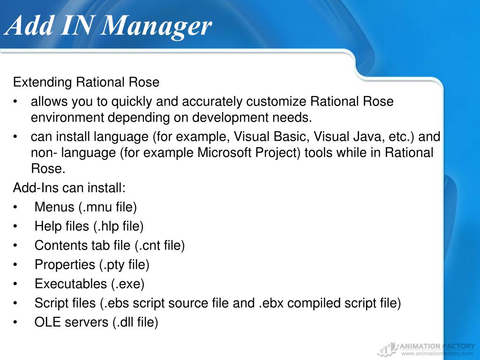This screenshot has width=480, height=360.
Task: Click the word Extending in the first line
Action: tap(43, 82)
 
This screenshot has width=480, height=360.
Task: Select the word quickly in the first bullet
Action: tap(130, 102)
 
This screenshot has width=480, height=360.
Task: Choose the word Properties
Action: tap(65, 265)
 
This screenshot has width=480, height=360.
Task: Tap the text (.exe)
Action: tap(127, 284)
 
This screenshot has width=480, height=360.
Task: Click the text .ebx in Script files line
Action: tap(271, 303)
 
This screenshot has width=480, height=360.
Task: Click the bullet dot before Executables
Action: tap(16, 284)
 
